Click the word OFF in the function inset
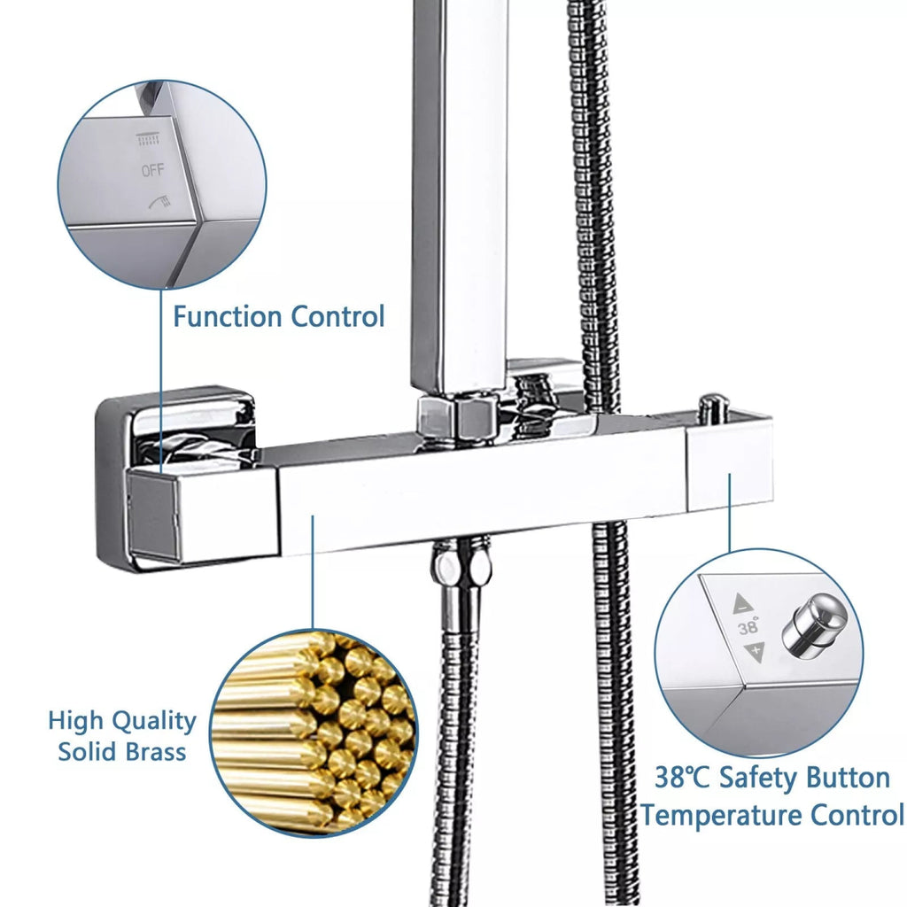click(152, 170)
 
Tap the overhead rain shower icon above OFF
click(148, 139)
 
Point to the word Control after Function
click(337, 316)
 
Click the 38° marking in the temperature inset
click(748, 626)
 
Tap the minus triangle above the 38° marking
click(743, 604)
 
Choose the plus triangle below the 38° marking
click(755, 651)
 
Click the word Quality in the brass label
click(154, 722)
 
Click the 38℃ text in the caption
click(682, 778)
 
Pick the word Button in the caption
click(846, 778)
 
